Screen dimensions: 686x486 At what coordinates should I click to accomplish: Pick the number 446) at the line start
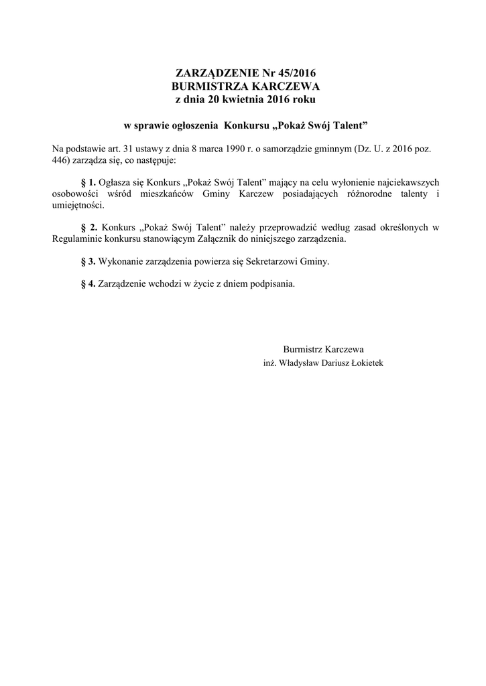point(61,161)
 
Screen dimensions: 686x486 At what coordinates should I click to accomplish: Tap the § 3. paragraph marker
point(88,261)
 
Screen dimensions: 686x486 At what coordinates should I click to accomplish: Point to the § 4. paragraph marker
point(88,283)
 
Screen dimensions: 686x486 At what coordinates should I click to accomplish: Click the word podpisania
point(271,283)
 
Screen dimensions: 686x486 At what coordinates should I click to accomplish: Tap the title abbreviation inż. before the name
point(269,362)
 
